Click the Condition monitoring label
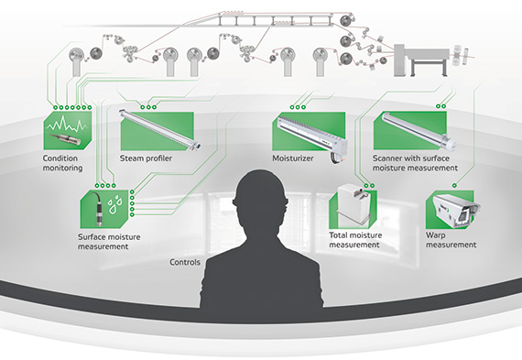click(62, 163)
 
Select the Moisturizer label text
click(292, 157)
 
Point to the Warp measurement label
click(451, 240)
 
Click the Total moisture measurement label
click(354, 240)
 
